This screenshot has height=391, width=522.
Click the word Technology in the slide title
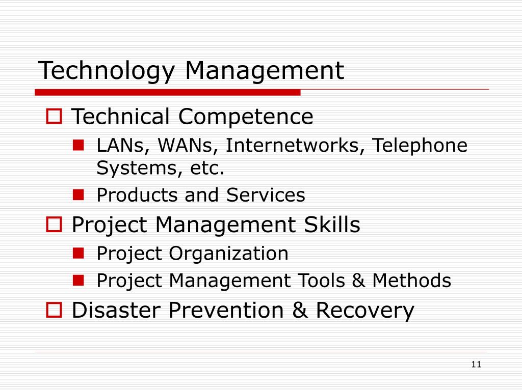(106, 71)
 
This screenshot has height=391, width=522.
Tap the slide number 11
(477, 364)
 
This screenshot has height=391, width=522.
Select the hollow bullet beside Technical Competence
(54, 118)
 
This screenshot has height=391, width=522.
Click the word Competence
(245, 117)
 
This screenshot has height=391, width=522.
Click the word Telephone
(419, 146)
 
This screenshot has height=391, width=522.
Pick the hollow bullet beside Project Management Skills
(54, 225)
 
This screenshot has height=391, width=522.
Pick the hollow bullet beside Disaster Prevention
(54, 310)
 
